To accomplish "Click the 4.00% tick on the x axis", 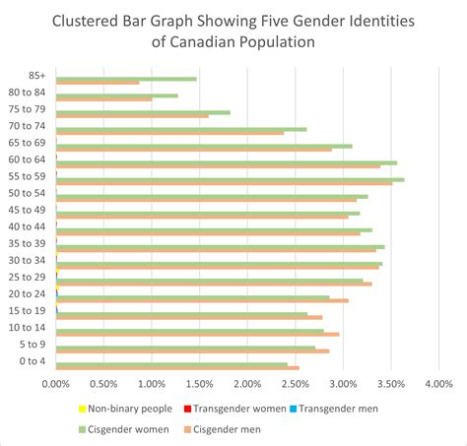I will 438,384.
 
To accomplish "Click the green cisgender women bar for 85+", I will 126,79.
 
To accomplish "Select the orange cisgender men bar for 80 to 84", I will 103,99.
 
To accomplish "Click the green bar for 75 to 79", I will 143,112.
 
